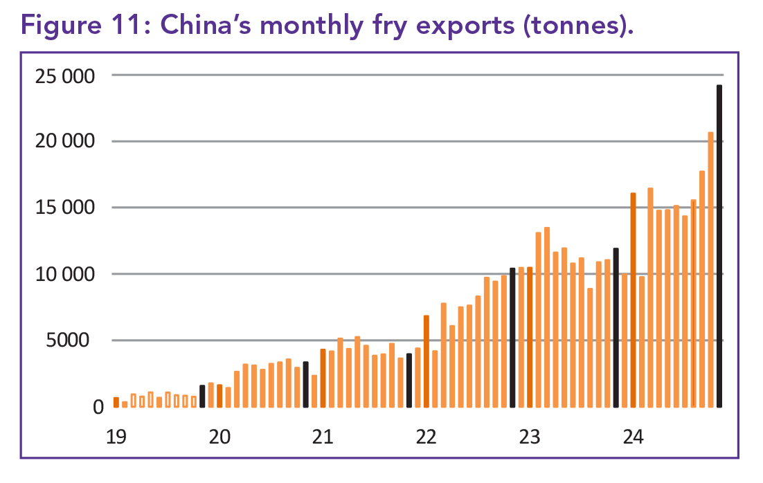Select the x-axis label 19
coord(116,437)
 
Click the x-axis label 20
coord(219,437)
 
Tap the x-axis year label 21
coord(323,437)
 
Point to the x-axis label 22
coord(426,437)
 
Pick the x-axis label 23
coord(530,437)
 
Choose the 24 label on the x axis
coord(633,437)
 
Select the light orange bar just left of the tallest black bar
coord(710,270)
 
